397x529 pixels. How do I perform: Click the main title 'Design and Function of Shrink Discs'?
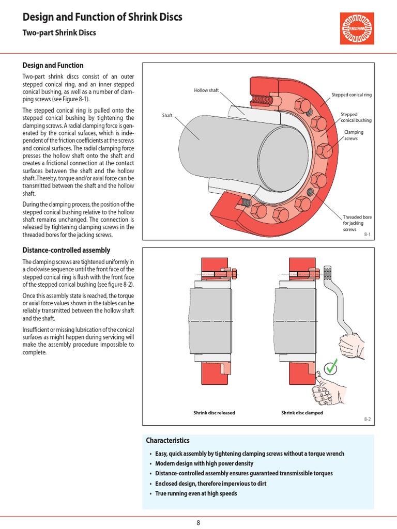(x=102, y=18)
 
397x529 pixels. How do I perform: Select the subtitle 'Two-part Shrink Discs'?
(x=59, y=33)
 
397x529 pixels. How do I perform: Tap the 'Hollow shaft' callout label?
(x=207, y=90)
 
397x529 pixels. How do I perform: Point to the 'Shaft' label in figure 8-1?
(x=167, y=115)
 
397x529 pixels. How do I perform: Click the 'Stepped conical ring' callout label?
(x=351, y=95)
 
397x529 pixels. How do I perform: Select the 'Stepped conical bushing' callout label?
(x=356, y=117)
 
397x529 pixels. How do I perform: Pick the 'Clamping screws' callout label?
(x=354, y=135)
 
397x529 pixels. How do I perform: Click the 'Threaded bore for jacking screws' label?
(x=357, y=223)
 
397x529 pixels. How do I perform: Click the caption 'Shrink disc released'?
(x=214, y=413)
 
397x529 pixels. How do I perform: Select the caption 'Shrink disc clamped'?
(x=301, y=413)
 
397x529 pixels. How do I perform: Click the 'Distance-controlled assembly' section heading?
(x=66, y=250)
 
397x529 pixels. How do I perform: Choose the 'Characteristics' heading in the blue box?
(x=167, y=441)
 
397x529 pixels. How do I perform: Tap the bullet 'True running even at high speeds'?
(x=196, y=493)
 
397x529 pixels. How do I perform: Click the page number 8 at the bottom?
(x=198, y=522)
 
